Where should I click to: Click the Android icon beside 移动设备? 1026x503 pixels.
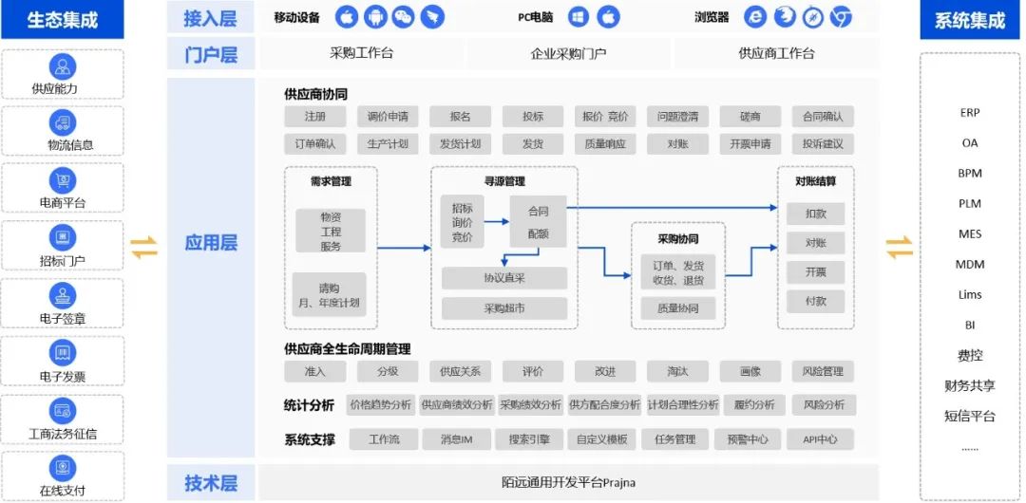[x=375, y=17]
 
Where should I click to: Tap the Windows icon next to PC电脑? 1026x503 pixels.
[x=579, y=17]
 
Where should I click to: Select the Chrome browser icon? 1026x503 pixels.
[x=840, y=17]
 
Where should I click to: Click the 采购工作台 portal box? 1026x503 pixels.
[x=362, y=53]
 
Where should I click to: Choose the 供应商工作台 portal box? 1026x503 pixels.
[x=776, y=53]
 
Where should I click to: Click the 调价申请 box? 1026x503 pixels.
[x=388, y=117]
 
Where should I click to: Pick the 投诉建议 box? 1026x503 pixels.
[x=823, y=144]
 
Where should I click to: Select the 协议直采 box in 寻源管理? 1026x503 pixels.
[x=504, y=278]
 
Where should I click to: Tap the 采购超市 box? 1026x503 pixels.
[x=504, y=308]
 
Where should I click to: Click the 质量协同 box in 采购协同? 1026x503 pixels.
[x=678, y=308]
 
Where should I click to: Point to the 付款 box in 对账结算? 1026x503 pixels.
[x=815, y=302]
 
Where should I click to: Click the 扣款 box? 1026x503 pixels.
[x=815, y=214]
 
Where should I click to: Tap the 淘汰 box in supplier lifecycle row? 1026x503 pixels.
[x=677, y=371]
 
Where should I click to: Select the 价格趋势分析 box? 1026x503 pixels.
[x=381, y=405]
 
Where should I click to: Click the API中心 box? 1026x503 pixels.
[x=820, y=439]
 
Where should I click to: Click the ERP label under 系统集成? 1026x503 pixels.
[x=970, y=113]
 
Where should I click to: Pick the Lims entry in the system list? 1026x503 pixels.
[x=970, y=294]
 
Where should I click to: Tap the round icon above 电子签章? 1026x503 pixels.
[x=62, y=294]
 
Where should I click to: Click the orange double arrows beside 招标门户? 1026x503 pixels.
[x=144, y=247]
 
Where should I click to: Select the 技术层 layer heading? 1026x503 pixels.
[x=211, y=483]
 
